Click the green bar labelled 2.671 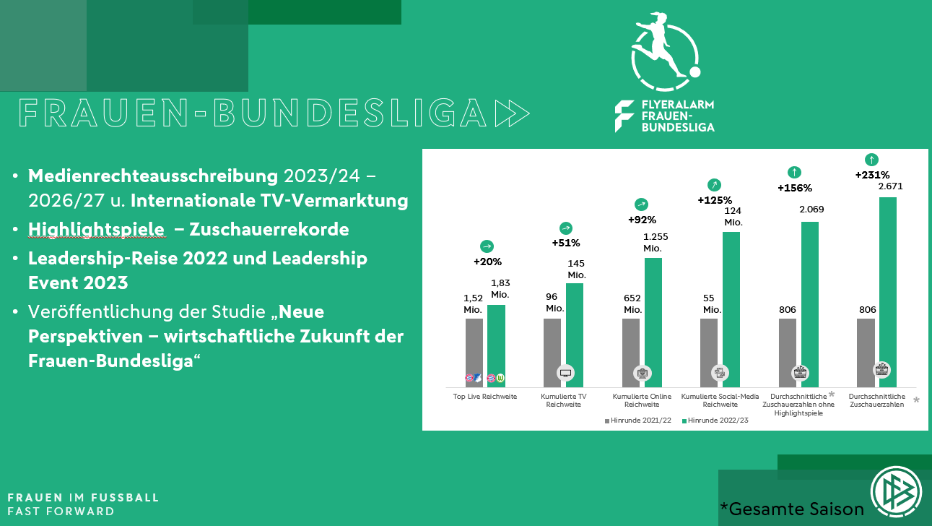887,289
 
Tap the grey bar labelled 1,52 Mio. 474,347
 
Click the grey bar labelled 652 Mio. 630,347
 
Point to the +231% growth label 872,174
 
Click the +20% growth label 487,262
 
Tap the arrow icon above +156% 794,172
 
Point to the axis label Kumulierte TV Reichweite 564,400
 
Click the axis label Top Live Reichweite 485,397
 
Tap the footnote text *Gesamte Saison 792,509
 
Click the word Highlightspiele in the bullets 96,229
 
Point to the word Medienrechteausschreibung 152,176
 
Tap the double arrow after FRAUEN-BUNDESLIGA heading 513,113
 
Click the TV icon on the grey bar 566,373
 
